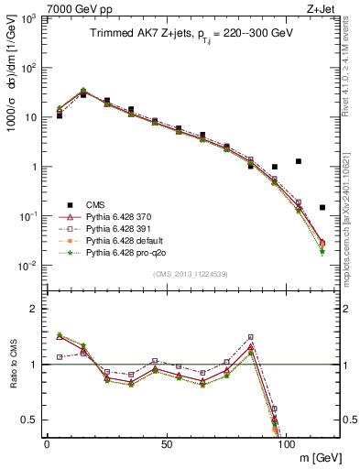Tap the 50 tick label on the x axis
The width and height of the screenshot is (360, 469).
166,444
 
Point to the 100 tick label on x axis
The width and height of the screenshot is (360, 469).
286,444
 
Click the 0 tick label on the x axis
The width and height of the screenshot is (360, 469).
47,444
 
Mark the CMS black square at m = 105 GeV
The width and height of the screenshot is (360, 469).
299,161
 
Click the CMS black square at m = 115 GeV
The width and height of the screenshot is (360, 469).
322,208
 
